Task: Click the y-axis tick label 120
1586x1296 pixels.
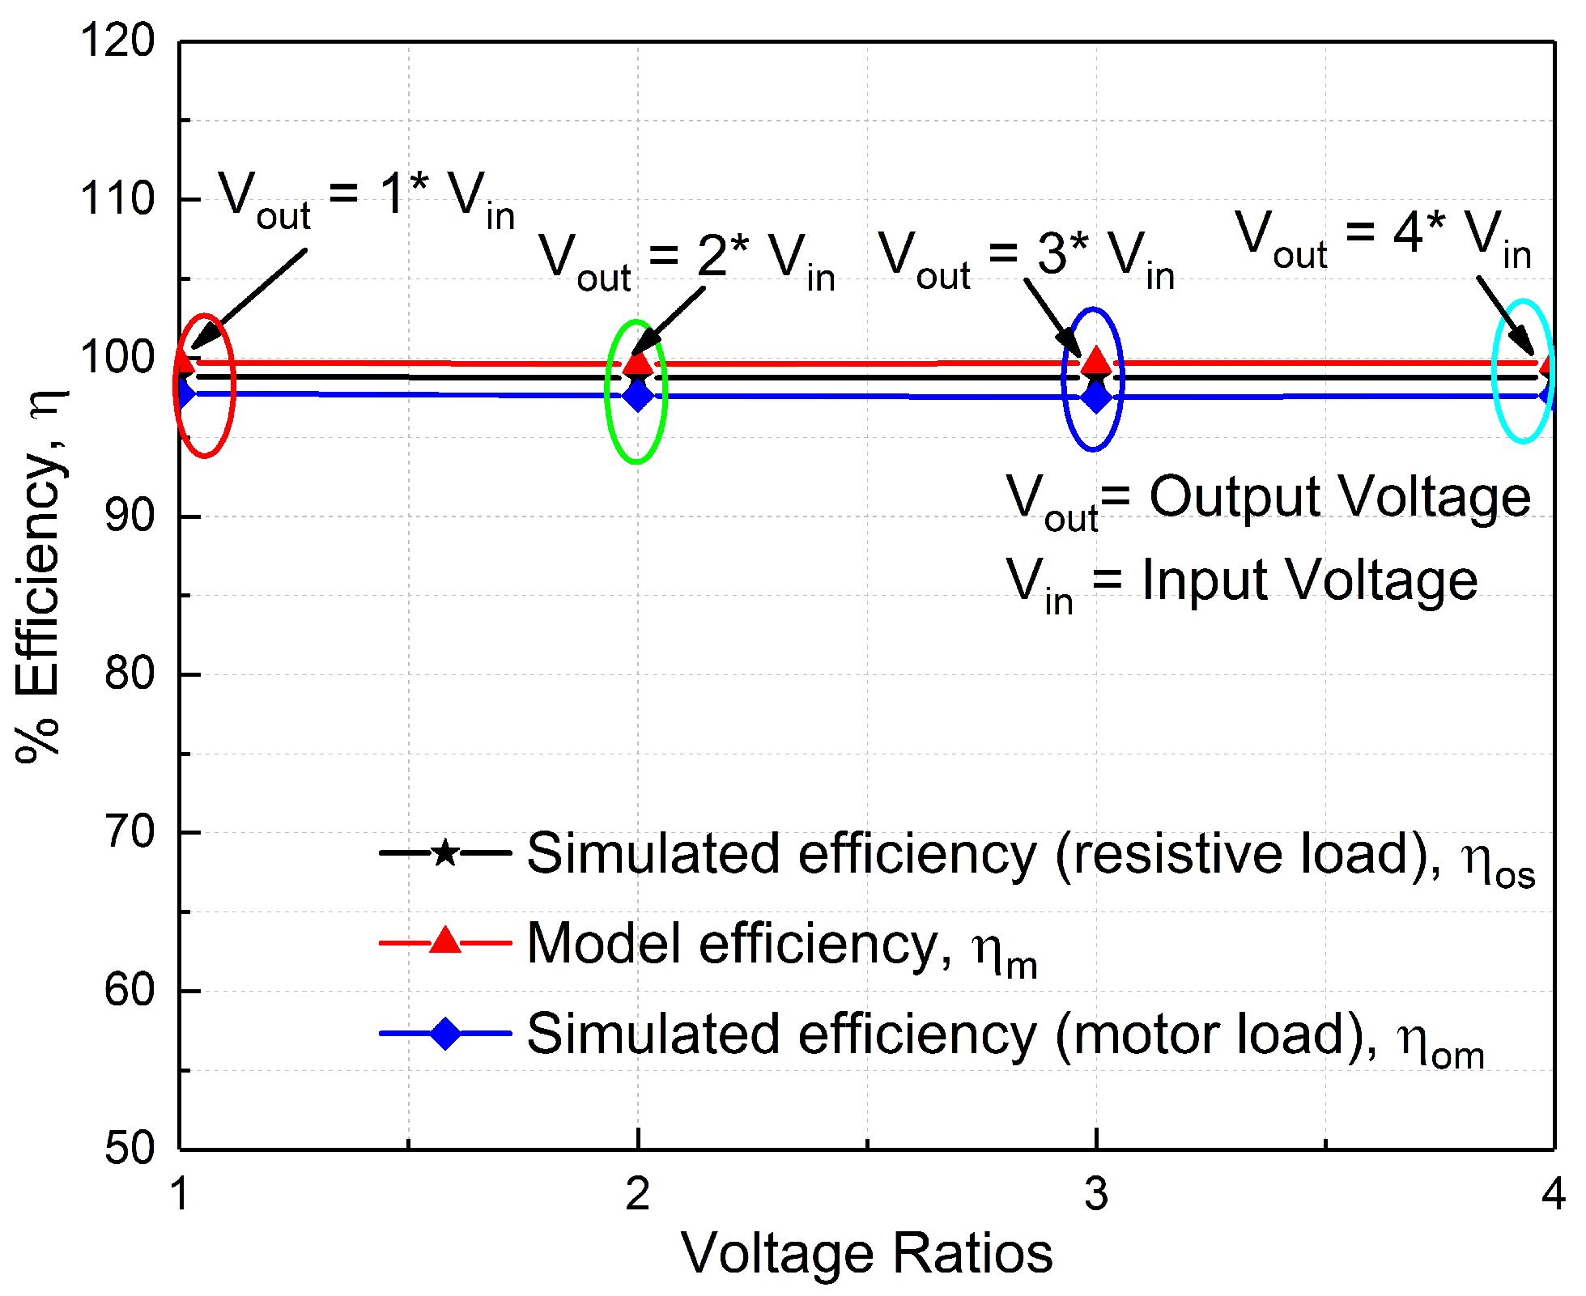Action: point(117,40)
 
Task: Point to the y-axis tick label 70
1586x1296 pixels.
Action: point(130,832)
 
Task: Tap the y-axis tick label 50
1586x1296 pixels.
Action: point(130,1148)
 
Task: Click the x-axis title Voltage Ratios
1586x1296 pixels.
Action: point(866,1253)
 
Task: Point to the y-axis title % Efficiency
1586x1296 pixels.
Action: point(39,575)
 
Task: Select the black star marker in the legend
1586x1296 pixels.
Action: point(444,852)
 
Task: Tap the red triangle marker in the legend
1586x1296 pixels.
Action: point(444,941)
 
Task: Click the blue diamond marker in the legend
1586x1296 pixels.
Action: point(444,1033)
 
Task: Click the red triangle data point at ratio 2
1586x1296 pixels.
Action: point(638,362)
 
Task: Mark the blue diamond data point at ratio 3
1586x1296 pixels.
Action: point(1096,397)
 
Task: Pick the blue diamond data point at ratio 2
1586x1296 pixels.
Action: point(638,396)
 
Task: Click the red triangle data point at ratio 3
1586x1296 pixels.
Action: point(1096,361)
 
